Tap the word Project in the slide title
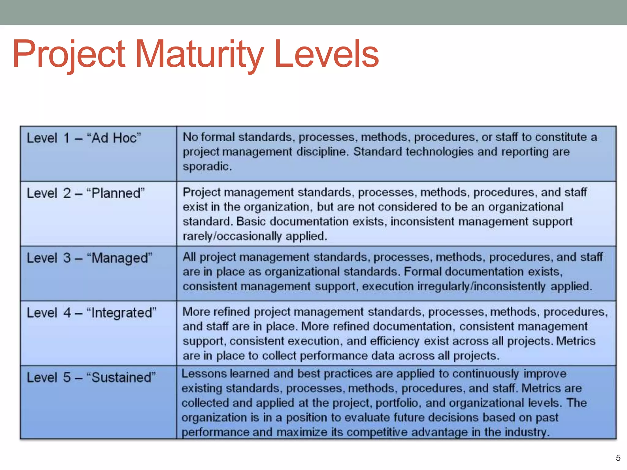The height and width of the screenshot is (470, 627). pos(69,54)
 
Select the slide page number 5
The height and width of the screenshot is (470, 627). pos(618,458)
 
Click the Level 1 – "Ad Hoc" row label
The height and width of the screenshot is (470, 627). pos(84,138)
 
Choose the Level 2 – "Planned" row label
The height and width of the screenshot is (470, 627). pos(86,193)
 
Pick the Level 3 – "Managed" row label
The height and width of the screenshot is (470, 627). pos(89,258)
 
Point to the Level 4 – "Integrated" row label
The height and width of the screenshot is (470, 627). pos(92,313)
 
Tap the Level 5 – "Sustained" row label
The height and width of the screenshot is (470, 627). pos(91,377)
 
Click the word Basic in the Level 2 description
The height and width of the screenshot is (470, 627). pos(251,222)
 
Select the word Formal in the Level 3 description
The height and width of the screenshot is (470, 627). pos(422,272)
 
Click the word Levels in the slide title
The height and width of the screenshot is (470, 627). pos(327,54)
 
